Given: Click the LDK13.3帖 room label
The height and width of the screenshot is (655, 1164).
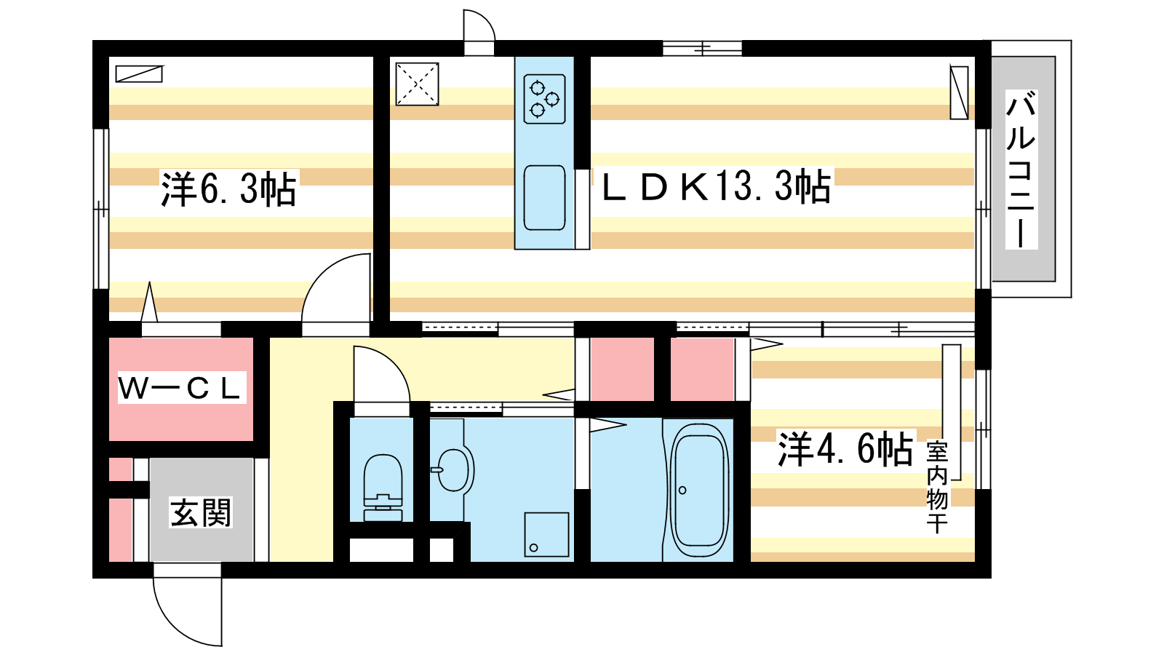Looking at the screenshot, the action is click(x=716, y=186).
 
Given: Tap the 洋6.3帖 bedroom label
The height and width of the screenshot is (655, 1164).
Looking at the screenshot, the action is click(x=228, y=188).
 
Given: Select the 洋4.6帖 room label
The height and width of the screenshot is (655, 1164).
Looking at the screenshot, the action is click(x=845, y=449).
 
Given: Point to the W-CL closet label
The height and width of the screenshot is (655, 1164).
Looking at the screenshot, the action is click(x=181, y=388).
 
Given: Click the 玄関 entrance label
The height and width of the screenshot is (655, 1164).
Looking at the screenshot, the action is click(x=201, y=512).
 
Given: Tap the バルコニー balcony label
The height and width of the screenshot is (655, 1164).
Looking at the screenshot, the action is click(x=1021, y=170).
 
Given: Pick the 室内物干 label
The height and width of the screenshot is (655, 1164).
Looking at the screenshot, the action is click(x=937, y=488).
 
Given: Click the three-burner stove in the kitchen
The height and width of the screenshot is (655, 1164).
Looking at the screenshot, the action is click(x=544, y=99).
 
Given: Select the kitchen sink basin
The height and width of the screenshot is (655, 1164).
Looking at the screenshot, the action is click(x=544, y=197).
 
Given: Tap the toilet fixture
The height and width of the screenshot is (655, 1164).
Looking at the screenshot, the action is click(x=383, y=488).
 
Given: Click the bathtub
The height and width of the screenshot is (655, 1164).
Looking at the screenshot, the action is click(x=699, y=491).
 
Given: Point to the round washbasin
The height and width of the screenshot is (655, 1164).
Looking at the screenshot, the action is click(x=453, y=470).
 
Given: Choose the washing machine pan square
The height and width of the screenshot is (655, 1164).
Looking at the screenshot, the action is click(x=546, y=534).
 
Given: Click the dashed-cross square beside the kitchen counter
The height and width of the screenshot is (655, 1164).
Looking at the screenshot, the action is click(x=417, y=84).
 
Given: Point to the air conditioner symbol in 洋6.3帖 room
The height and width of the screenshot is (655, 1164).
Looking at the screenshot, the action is click(x=139, y=74).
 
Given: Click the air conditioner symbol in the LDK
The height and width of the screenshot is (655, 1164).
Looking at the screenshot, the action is click(x=960, y=92).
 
